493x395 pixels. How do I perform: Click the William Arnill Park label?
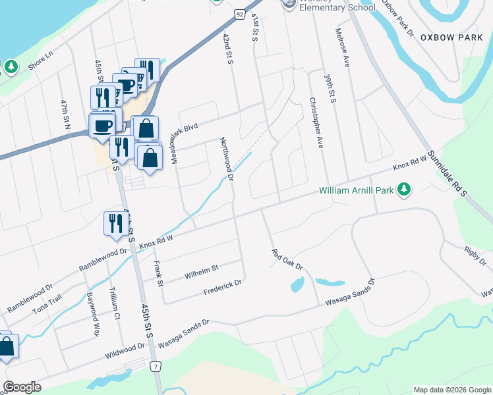point(356,190)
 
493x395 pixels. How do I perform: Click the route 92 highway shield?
point(239,14)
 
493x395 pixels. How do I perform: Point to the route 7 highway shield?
point(156,366)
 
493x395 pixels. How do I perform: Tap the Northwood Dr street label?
point(227,159)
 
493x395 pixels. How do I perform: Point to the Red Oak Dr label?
point(287,259)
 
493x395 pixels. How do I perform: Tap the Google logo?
point(21,387)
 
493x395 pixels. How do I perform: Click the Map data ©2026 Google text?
point(451,390)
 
